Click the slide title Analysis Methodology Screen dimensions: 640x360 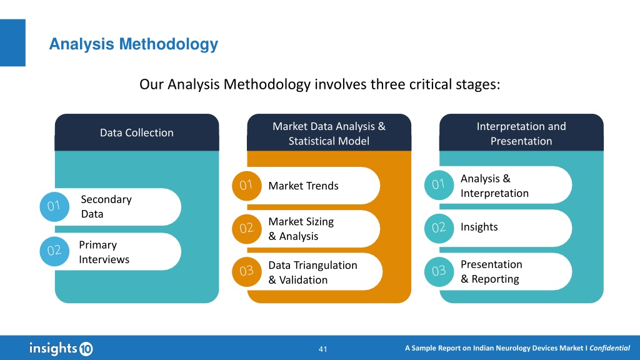pyautogui.click(x=134, y=44)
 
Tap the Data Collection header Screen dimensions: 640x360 pyautogui.click(x=137, y=132)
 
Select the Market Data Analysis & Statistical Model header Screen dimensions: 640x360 pyautogui.click(x=329, y=133)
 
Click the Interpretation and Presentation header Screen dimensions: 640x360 pyautogui.click(x=521, y=133)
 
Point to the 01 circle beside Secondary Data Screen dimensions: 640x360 pyautogui.click(x=54, y=206)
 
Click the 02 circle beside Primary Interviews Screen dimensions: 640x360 pyautogui.click(x=54, y=251)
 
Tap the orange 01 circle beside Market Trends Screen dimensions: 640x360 pyautogui.click(x=246, y=186)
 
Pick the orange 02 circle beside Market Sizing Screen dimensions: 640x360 pyautogui.click(x=246, y=229)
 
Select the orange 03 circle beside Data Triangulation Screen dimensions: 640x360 pyautogui.click(x=246, y=272)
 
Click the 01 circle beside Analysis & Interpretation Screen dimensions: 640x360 pyautogui.click(x=439, y=185)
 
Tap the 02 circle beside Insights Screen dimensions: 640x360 pyautogui.click(x=439, y=228)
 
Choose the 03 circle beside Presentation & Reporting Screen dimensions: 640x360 pyautogui.click(x=439, y=271)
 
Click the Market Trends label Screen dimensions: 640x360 pyautogui.click(x=303, y=186)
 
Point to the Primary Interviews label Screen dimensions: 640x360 pyautogui.click(x=104, y=252)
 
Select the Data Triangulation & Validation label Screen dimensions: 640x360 pyautogui.click(x=312, y=272)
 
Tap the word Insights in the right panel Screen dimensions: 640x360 pyautogui.click(x=479, y=227)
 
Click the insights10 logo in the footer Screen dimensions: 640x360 pyautogui.click(x=61, y=348)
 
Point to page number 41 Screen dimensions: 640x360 pyautogui.click(x=323, y=349)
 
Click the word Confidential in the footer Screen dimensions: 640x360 pyautogui.click(x=609, y=348)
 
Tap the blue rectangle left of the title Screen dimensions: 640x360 pyautogui.click(x=12, y=42)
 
